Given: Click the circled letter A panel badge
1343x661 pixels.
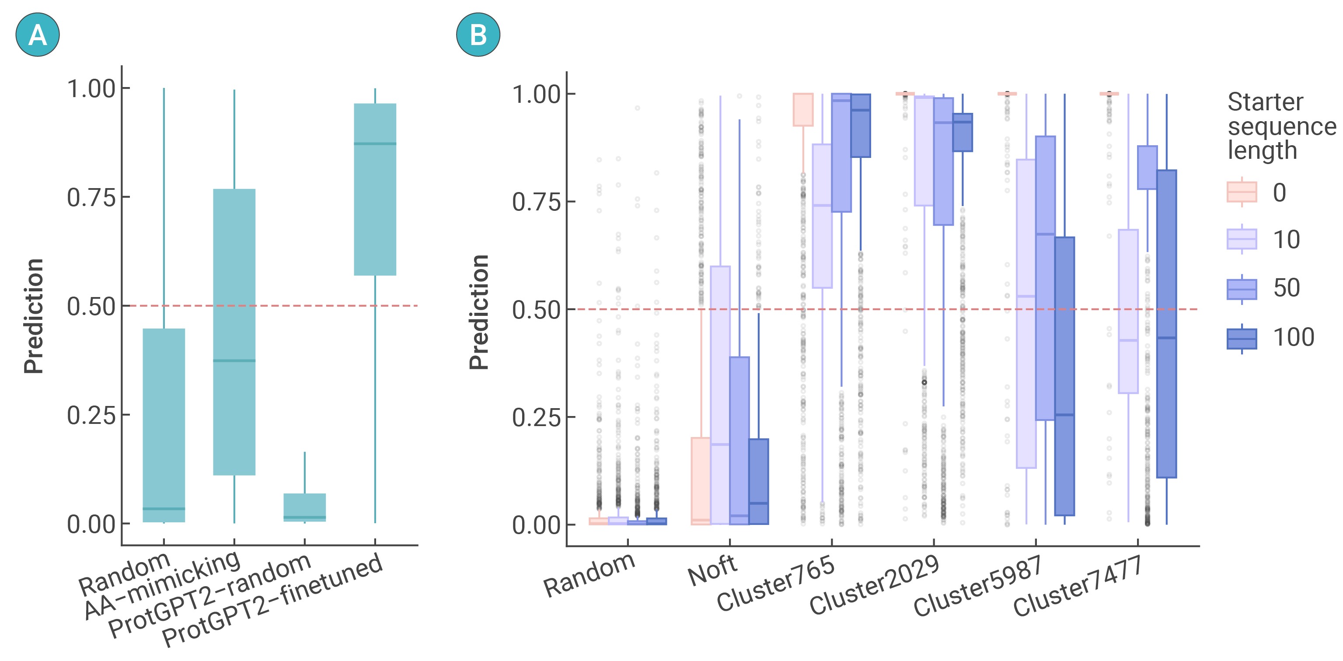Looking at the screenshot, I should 38,35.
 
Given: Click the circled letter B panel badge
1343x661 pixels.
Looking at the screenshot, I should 478,35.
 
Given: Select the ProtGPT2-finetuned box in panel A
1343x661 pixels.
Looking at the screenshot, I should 375,189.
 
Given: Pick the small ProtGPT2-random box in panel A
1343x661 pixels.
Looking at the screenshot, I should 304,507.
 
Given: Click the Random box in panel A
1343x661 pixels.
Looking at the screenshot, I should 164,425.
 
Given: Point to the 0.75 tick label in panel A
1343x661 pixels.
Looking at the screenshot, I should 91,198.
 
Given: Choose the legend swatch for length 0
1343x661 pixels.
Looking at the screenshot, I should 1242,192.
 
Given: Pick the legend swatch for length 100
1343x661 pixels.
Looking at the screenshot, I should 1242,339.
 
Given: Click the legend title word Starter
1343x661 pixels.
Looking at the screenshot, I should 1265,102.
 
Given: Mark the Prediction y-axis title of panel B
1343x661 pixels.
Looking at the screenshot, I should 478,312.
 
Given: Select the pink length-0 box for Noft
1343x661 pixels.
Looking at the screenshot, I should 701,480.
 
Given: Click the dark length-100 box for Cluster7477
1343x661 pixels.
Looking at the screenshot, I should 1166,323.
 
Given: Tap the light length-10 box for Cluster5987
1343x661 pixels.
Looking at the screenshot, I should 1026,313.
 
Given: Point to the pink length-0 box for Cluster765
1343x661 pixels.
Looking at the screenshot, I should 803,109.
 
